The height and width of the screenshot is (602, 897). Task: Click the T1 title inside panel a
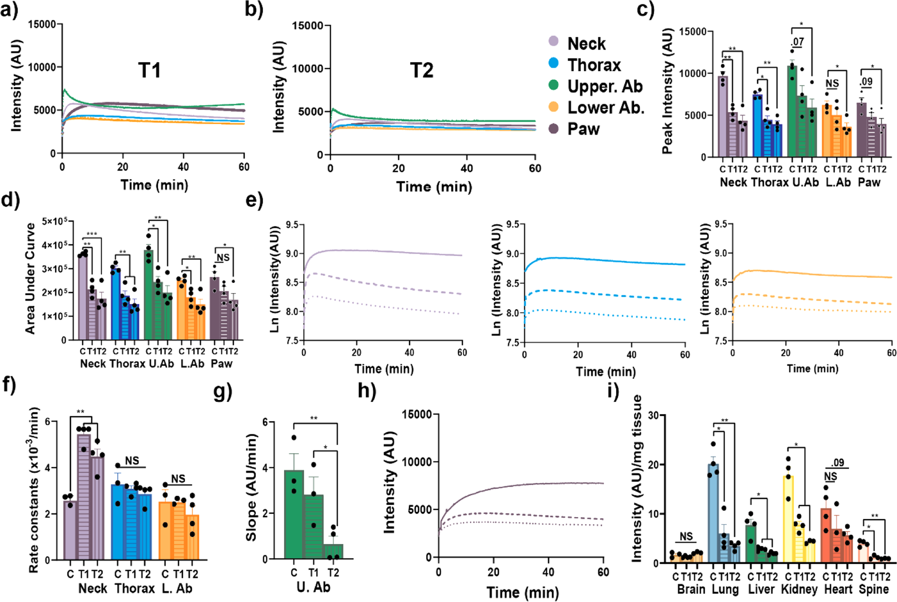(149, 71)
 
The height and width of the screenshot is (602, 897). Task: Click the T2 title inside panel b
(421, 71)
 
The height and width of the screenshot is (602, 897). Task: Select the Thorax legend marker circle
(553, 63)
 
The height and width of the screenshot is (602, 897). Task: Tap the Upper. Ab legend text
(605, 86)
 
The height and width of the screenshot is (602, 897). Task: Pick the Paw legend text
(583, 129)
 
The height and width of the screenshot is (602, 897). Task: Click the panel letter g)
(223, 391)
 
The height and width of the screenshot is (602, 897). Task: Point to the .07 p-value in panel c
(797, 42)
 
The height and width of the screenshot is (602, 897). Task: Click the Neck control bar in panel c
(723, 117)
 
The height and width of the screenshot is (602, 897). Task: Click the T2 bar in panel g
(333, 552)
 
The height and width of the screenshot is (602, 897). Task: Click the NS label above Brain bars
(686, 536)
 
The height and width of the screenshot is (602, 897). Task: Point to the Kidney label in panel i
(799, 589)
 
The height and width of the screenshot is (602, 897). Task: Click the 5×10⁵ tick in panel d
(54, 221)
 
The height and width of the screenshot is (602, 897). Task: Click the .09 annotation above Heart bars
(837, 463)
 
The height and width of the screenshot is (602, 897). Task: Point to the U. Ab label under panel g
(313, 587)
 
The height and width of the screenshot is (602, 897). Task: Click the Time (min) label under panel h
(522, 592)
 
